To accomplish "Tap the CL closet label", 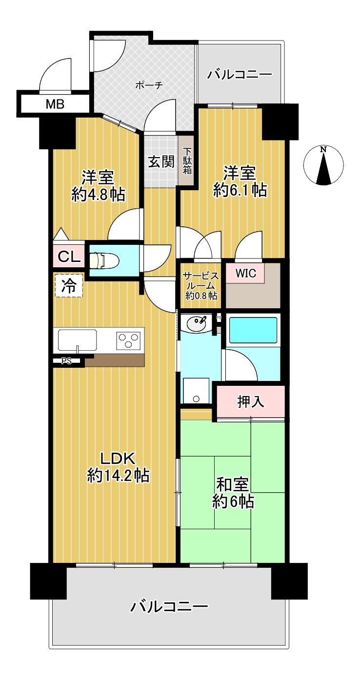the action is pyautogui.click(x=69, y=257).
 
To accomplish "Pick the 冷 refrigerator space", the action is pyautogui.click(x=69, y=285).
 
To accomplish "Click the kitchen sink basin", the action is pyautogui.click(x=78, y=340).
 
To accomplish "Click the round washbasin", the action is pyautogui.click(x=197, y=324).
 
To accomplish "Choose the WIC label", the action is pyautogui.click(x=246, y=273).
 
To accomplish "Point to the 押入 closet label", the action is pyautogui.click(x=250, y=401).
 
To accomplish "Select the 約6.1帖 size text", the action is pyautogui.click(x=240, y=190).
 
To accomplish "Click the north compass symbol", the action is pyautogui.click(x=323, y=165).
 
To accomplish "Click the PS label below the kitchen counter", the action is pyautogui.click(x=67, y=361).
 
